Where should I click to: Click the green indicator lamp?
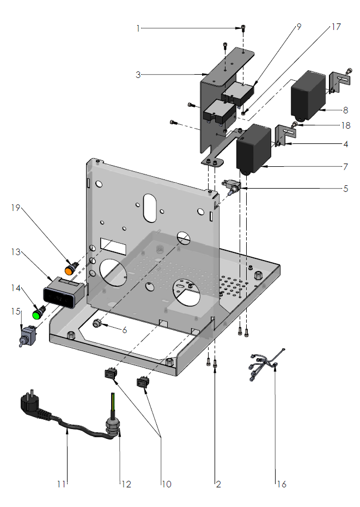pos(39,314)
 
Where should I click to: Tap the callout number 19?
pos(15,207)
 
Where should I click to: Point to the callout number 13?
pos(15,252)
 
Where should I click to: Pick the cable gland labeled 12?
pos(113,425)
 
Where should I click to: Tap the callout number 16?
pos(281,484)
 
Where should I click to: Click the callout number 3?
pos(138,74)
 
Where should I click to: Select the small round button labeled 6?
pos(97,324)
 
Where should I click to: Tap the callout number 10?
pos(166,484)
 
